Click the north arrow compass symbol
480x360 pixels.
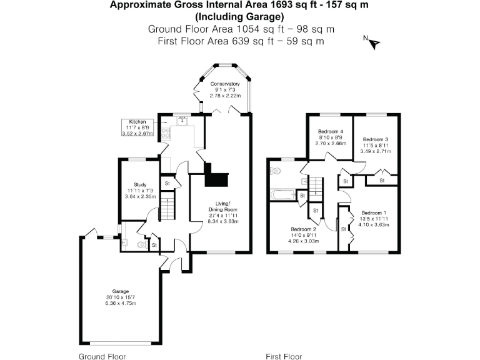coord(374,42)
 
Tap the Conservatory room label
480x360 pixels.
coord(225,84)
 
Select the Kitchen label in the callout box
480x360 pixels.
coord(137,121)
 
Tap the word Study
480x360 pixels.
coord(140,185)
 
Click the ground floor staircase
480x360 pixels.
coord(167,205)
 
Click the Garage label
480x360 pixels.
coord(121,291)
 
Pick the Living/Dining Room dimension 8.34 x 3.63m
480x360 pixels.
coord(223,221)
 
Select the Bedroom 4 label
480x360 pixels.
coord(330,131)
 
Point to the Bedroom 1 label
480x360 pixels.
coord(374,212)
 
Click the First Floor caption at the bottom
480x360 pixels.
coord(284,356)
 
